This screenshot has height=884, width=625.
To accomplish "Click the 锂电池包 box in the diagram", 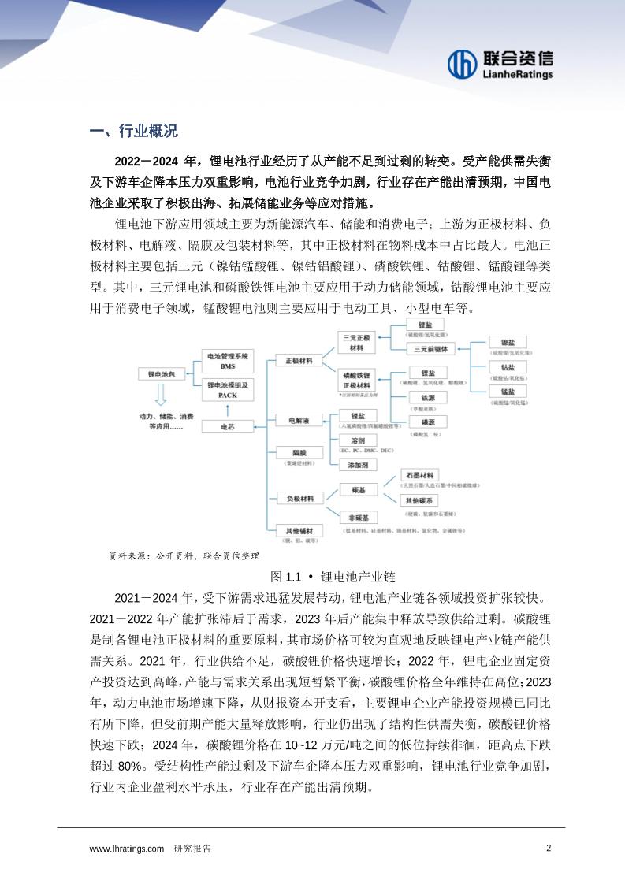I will click(x=162, y=376).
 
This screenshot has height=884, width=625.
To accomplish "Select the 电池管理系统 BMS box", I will click(x=227, y=361).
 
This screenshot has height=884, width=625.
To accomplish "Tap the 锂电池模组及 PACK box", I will click(x=227, y=389).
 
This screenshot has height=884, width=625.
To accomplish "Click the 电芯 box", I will click(x=227, y=425).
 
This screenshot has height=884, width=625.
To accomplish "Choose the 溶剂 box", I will click(x=359, y=440).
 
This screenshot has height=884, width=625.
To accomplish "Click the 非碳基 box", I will click(x=359, y=517).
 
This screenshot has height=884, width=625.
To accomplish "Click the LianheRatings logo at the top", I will click(x=500, y=65).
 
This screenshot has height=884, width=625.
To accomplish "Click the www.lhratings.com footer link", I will click(x=127, y=849).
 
